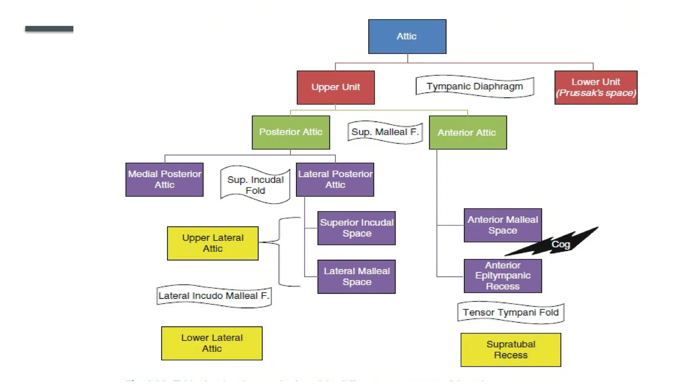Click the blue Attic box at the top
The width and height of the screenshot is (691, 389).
click(x=407, y=36)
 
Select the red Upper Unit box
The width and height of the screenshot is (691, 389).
click(x=335, y=87)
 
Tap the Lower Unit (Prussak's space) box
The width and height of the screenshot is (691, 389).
click(x=596, y=87)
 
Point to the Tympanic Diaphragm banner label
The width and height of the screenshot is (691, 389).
click(x=474, y=86)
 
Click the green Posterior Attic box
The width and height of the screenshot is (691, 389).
click(x=291, y=132)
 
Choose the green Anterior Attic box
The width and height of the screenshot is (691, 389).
click(x=468, y=132)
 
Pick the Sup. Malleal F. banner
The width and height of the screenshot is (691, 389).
click(x=385, y=132)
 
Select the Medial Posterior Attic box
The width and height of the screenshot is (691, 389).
click(x=164, y=180)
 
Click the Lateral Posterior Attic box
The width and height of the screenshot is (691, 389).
click(x=335, y=180)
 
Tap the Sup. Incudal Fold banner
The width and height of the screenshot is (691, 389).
click(x=255, y=185)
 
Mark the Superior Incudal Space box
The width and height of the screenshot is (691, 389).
click(x=356, y=228)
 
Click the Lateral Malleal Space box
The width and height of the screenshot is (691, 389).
click(x=356, y=277)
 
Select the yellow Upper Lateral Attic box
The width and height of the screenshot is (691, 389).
click(x=213, y=243)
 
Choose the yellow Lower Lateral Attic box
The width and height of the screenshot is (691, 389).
click(x=212, y=343)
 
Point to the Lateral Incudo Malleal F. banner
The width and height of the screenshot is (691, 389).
click(x=214, y=296)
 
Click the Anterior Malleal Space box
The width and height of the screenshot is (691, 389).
click(x=502, y=225)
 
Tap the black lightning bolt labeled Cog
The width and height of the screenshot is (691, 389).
click(x=557, y=244)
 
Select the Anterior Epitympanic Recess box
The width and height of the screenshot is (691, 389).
click(x=502, y=276)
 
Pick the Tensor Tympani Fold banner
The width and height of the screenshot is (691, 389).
click(x=510, y=312)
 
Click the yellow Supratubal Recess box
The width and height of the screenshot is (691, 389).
click(x=510, y=350)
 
